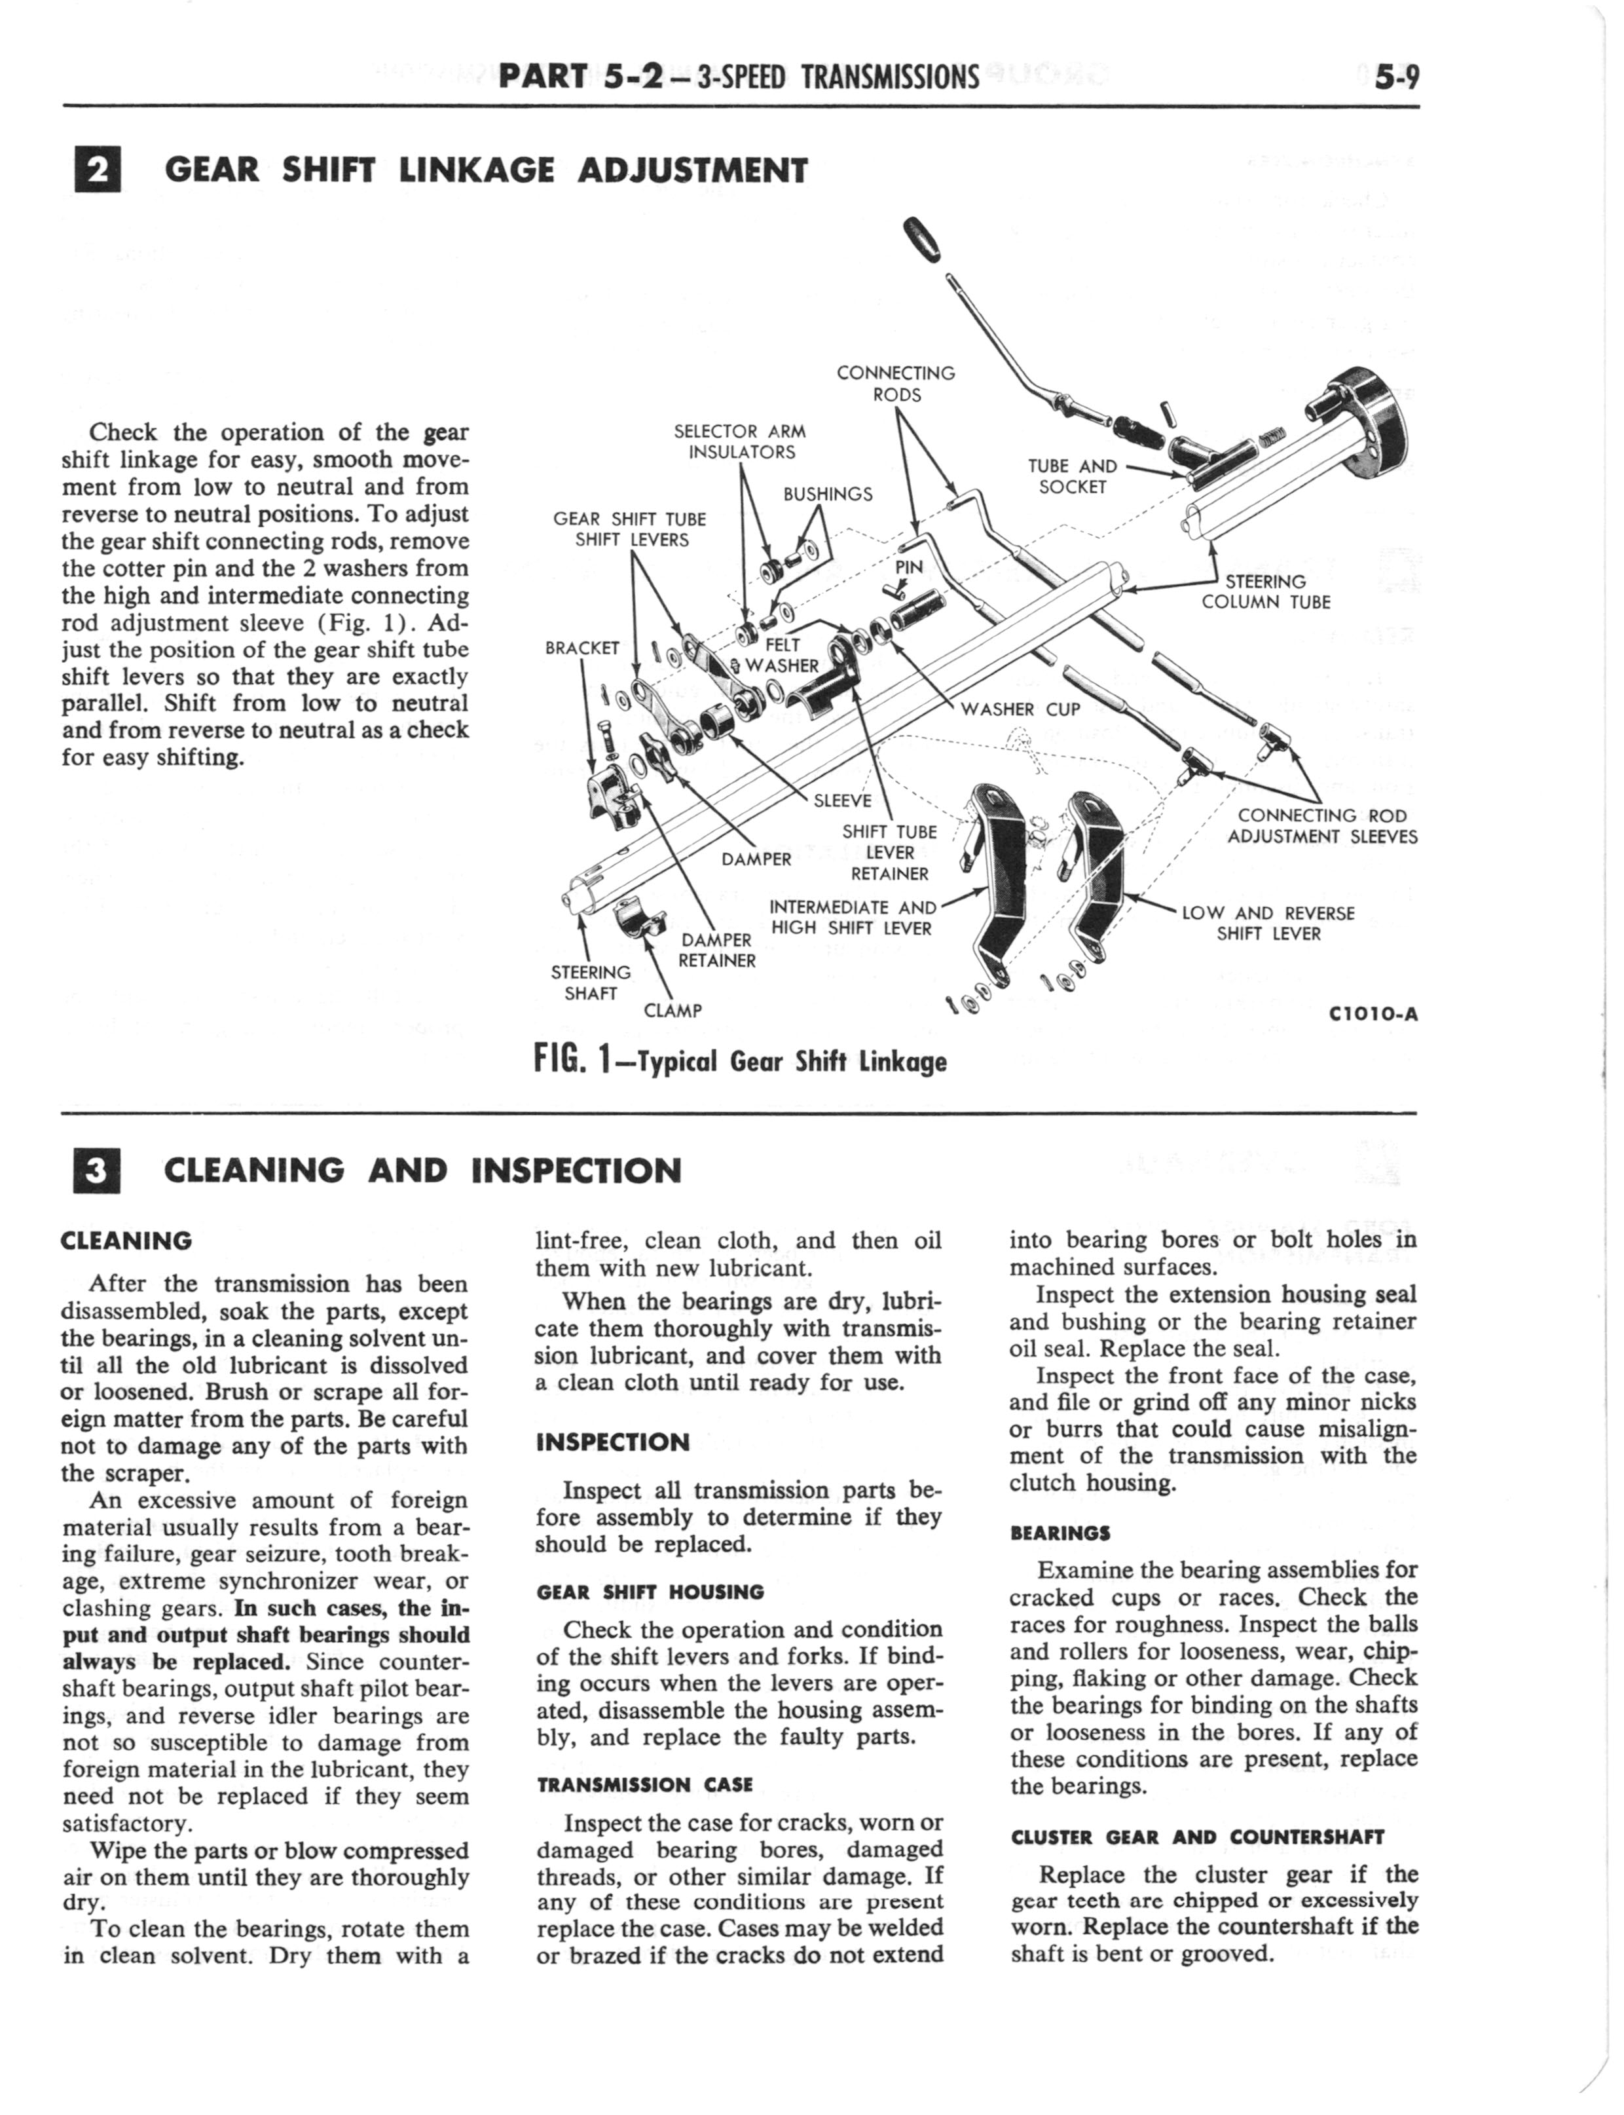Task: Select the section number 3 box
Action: pos(96,1170)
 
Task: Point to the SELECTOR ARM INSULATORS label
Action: pos(741,441)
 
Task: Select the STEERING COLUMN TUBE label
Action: pos(1265,591)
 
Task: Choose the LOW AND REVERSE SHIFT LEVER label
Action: pos(1268,923)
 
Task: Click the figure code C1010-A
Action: pos(1373,1015)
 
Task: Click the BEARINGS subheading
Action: pos(1060,1533)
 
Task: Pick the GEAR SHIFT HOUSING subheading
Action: pos(650,1591)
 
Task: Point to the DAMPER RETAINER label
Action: pos(716,950)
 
